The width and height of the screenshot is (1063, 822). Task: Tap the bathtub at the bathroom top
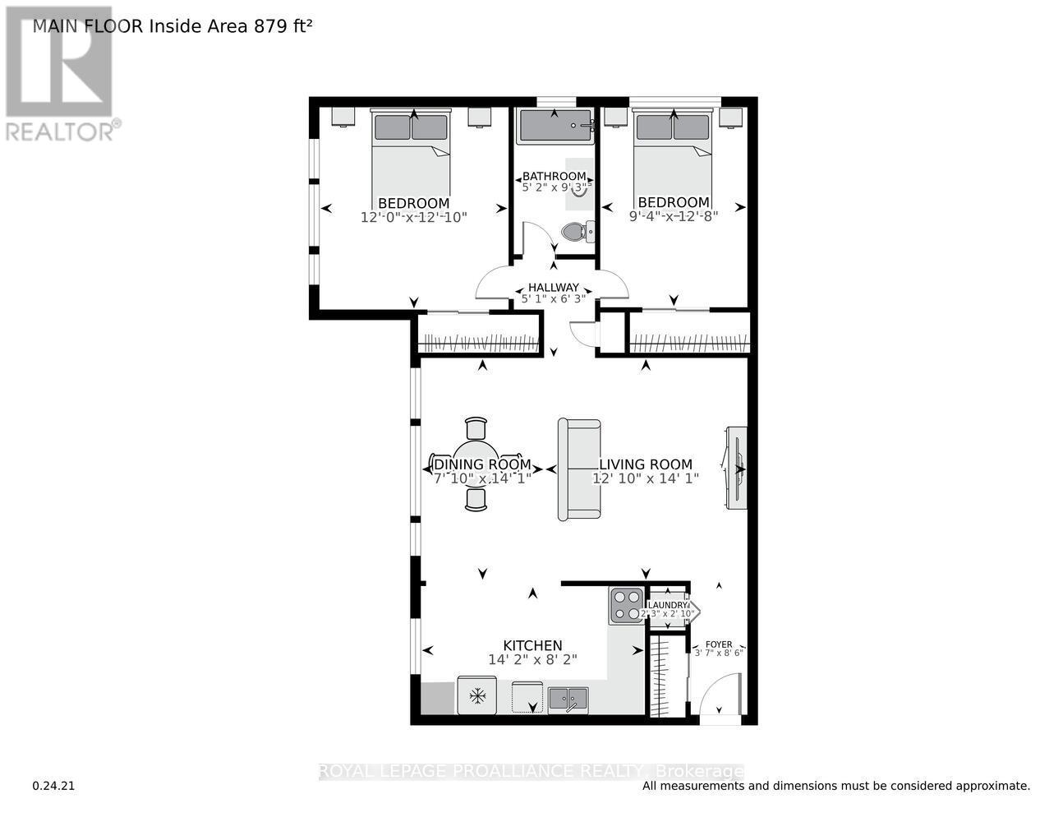click(555, 126)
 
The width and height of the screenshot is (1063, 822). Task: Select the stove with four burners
click(626, 606)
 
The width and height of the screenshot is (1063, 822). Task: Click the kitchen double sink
click(568, 698)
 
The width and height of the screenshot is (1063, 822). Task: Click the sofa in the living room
click(578, 469)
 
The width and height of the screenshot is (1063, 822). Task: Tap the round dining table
click(476, 464)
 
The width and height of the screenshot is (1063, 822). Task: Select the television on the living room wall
click(737, 468)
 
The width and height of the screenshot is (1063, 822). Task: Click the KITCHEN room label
click(532, 645)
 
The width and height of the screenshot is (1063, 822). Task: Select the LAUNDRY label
click(666, 605)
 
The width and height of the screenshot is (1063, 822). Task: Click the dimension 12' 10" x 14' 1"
click(646, 478)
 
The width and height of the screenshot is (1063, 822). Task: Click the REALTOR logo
click(59, 74)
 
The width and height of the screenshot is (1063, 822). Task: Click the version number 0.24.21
click(53, 786)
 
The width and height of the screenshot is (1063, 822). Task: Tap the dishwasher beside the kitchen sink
click(526, 697)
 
